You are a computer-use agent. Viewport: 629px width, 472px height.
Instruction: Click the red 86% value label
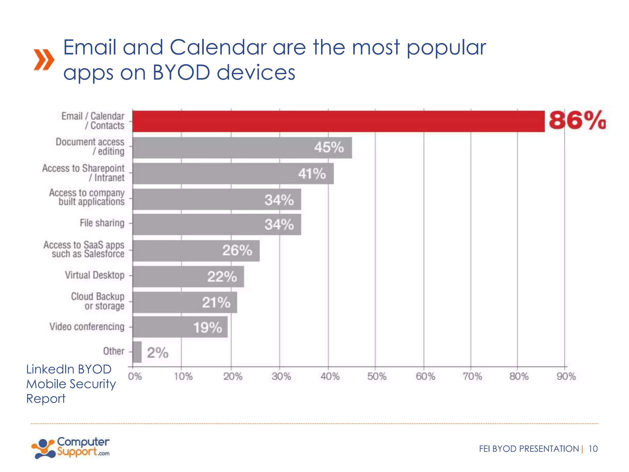coord(577,120)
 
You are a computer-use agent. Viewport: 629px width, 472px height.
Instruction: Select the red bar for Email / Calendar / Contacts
coord(338,122)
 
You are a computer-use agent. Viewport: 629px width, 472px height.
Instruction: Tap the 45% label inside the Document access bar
coord(329,147)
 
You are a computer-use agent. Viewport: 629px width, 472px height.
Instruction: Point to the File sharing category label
coord(102,223)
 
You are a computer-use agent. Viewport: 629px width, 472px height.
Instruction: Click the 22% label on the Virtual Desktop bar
coord(222,277)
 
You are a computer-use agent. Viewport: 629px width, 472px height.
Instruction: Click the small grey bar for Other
coord(137,352)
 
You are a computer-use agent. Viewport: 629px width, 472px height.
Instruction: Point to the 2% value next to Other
coord(158,353)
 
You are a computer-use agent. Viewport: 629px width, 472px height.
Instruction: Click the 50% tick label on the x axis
coord(377,376)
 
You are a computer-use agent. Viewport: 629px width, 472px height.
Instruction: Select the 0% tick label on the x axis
coord(135,376)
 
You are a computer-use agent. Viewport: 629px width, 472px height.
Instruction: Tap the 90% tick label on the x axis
coord(566,376)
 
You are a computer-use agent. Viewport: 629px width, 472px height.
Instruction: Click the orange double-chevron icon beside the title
coord(44,60)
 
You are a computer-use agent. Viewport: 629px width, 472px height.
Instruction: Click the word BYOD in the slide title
coord(181,73)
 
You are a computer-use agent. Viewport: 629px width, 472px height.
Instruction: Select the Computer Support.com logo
coord(71,448)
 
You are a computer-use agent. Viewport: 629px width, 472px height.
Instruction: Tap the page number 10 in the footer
coord(593,449)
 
